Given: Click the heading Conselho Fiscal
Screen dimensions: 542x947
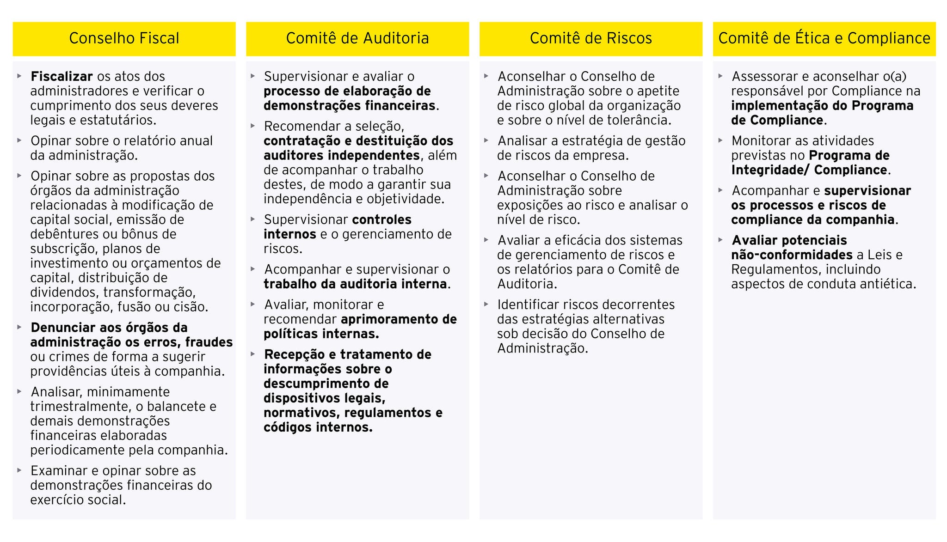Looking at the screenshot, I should click(x=124, y=38).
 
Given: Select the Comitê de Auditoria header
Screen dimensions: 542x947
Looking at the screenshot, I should click(x=357, y=38).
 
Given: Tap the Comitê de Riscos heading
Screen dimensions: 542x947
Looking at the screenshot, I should click(x=590, y=38).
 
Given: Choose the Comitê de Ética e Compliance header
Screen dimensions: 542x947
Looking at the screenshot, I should click(x=824, y=38).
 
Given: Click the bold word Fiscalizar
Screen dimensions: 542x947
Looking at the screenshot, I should click(x=61, y=77).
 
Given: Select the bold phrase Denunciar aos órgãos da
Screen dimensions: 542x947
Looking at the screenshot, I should click(x=109, y=328).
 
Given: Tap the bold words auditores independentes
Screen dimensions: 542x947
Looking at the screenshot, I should click(x=342, y=155).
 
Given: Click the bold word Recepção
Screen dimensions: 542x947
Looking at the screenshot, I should click(x=294, y=355).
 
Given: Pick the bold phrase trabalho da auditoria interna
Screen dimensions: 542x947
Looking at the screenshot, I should click(x=355, y=284).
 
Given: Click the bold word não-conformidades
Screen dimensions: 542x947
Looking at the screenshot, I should click(x=792, y=255).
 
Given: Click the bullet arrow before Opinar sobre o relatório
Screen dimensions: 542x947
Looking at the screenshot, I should click(x=19, y=140).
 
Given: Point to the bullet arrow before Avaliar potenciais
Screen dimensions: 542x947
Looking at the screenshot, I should click(x=720, y=240).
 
